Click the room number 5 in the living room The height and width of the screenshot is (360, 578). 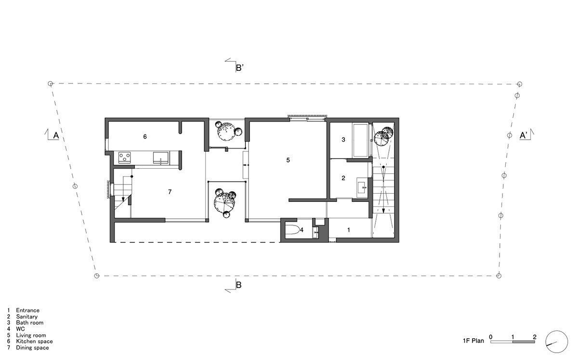pyautogui.click(x=288, y=160)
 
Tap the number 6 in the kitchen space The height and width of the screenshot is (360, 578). pyautogui.click(x=145, y=137)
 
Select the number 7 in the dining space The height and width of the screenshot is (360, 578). pyautogui.click(x=170, y=192)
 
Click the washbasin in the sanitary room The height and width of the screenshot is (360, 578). pyautogui.click(x=363, y=188)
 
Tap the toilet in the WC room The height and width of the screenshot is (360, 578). pyautogui.click(x=292, y=230)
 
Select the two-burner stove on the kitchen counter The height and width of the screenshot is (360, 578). pyautogui.click(x=125, y=157)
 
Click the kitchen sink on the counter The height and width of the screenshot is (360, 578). pyautogui.click(x=161, y=157)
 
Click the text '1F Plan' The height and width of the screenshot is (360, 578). pyautogui.click(x=471, y=341)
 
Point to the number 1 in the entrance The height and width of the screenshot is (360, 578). pyautogui.click(x=348, y=230)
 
